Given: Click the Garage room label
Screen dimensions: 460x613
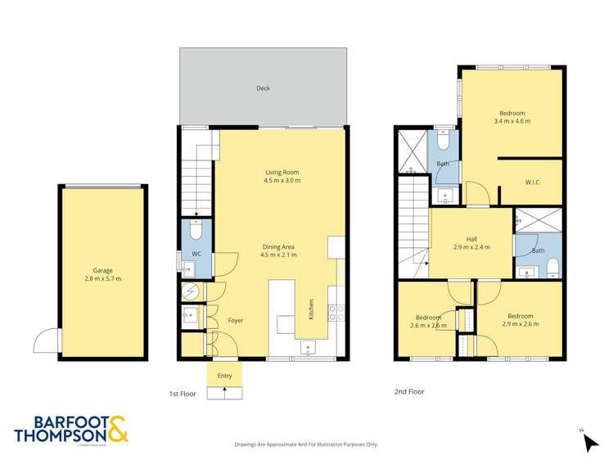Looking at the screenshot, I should click(102, 270).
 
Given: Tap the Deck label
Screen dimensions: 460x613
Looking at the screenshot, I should click(263, 88).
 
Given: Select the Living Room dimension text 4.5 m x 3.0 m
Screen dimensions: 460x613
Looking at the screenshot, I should click(282, 181).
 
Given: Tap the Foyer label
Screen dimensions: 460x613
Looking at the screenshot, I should click(235, 320).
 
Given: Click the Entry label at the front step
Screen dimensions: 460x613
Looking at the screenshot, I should click(224, 376).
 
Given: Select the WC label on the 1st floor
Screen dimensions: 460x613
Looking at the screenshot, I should click(196, 255).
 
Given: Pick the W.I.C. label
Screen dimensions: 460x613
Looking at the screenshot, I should click(533, 183).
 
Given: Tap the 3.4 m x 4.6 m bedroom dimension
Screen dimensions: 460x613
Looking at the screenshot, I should click(512, 122).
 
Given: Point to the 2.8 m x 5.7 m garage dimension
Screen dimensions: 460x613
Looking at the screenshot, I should click(102, 279).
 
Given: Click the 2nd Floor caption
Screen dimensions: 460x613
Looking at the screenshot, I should click(409, 391).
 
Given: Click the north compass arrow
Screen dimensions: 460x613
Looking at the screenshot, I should click(590, 442).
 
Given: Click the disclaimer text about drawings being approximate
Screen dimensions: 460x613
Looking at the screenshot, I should click(306, 444).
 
